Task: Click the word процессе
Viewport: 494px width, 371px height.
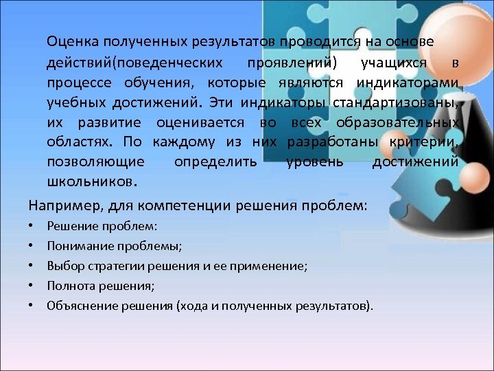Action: coord(77,83)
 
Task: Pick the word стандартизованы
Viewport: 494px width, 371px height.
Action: coord(395,103)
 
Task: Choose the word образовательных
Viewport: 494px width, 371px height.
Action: coord(398,123)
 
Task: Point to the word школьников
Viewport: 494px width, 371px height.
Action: coord(91,183)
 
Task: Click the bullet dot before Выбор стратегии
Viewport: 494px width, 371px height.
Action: coord(32,265)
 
